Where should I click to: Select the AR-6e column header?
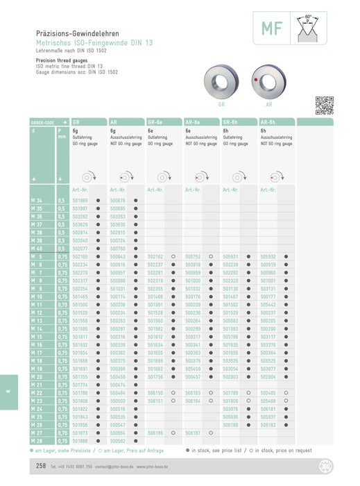tap(194, 121)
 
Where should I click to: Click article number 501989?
tap(80, 200)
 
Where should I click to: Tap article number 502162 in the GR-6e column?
tap(155, 256)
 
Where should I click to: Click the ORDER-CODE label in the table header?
tap(44, 121)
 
